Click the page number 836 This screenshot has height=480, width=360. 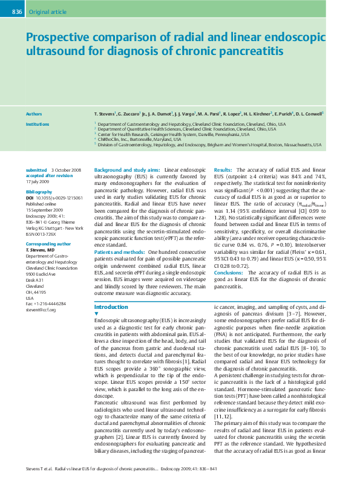pos(17,11)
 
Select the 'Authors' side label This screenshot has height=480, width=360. pos(34,113)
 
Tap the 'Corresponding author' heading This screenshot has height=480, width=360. pos(47,244)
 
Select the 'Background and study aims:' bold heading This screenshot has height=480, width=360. pos(128,170)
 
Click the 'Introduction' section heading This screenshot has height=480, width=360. pos(111,307)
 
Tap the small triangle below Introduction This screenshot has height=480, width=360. pos(97,314)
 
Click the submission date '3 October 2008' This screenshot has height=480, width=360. pos(66,170)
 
